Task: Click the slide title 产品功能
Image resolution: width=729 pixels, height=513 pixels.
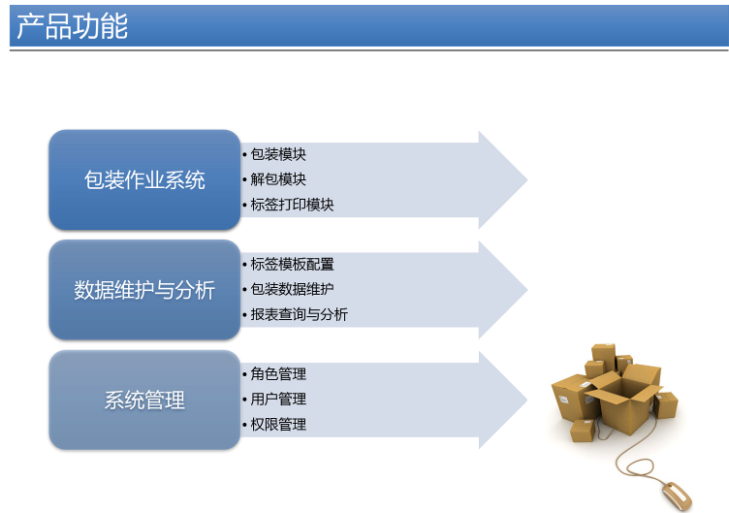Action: [x=72, y=26]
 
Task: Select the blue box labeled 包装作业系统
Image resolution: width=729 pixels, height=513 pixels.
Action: [x=144, y=179]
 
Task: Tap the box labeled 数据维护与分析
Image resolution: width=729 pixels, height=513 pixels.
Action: [x=144, y=289]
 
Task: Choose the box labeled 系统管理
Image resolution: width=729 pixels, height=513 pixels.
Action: [x=144, y=400]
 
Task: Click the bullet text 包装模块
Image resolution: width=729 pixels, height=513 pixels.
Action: [x=278, y=154]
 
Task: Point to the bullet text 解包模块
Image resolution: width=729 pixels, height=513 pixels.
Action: [x=278, y=179]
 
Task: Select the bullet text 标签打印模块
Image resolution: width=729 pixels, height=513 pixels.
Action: [x=292, y=205]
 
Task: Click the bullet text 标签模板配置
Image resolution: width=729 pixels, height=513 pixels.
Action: [x=292, y=264]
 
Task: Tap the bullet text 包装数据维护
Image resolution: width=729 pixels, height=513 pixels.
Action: [x=292, y=289]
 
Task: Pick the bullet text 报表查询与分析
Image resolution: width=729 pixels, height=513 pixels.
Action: [x=299, y=314]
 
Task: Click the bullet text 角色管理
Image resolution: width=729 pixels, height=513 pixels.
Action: [x=278, y=374]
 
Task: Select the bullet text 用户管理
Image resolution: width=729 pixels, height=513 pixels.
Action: [x=278, y=399]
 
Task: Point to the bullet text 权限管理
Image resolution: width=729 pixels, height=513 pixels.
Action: [x=278, y=424]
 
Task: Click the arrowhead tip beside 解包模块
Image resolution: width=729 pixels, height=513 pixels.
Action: [x=527, y=179]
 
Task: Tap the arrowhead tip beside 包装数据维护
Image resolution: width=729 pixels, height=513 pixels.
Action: [x=527, y=289]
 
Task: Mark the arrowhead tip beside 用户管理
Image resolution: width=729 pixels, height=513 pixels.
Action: [x=527, y=400]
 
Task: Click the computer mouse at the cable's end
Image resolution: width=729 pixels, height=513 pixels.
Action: [x=678, y=496]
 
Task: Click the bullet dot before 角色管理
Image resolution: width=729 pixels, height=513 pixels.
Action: [x=244, y=374]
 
